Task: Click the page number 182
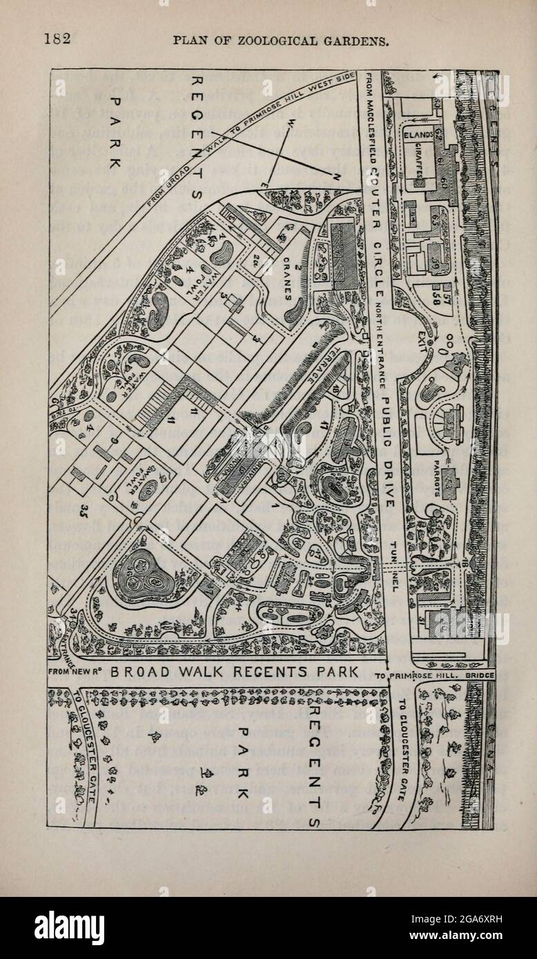[58, 39]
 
